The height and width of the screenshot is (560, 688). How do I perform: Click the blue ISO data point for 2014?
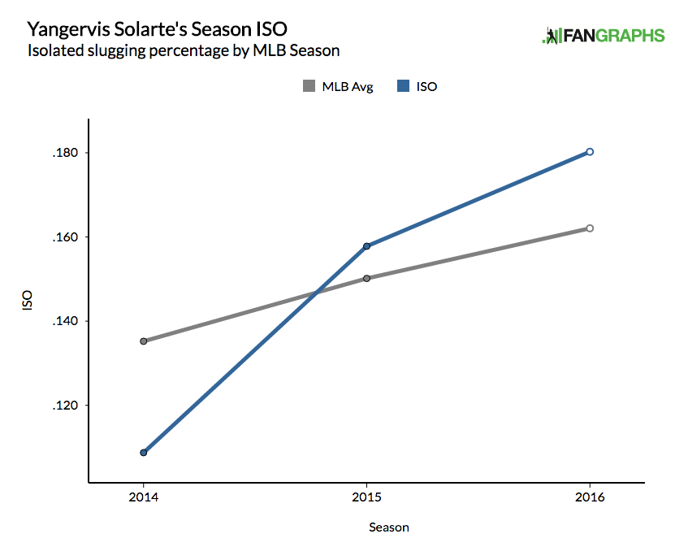144,453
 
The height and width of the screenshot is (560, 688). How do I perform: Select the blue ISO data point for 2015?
367,245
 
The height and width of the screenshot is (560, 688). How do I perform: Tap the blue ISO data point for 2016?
590,151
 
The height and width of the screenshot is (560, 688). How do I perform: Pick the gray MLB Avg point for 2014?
144,341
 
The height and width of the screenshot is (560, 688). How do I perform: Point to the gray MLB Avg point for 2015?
367,278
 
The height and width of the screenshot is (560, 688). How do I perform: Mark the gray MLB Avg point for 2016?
590,228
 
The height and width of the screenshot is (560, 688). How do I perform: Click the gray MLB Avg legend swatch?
309,86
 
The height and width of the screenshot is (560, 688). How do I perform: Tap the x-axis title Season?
389,527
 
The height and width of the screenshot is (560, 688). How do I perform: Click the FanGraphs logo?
604,36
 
